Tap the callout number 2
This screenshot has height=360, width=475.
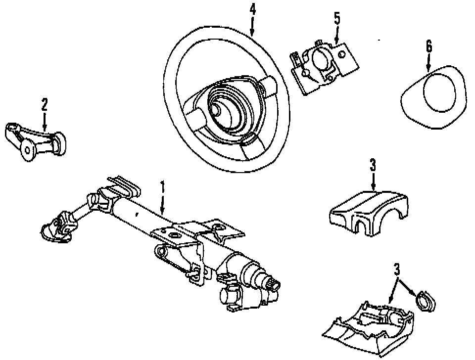(44, 104)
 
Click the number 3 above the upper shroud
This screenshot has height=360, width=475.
(373, 165)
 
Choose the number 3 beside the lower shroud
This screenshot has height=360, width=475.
(396, 270)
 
